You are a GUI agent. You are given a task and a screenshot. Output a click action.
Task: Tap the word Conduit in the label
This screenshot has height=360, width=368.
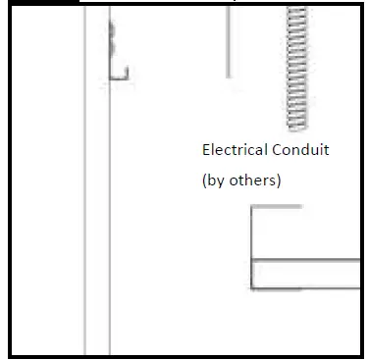pos(300,150)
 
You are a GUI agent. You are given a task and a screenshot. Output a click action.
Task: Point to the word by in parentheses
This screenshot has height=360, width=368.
pos(215,180)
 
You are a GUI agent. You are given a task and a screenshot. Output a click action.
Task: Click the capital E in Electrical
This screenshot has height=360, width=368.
pos(206,150)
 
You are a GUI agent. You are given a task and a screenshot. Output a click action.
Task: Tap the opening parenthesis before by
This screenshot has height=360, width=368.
pos(204,180)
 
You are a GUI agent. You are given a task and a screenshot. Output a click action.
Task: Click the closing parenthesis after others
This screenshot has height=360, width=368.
pos(279,180)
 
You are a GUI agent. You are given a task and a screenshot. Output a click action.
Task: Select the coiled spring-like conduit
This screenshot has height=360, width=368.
pos(296,69)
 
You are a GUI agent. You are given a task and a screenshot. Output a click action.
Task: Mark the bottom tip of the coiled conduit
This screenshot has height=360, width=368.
pos(296,129)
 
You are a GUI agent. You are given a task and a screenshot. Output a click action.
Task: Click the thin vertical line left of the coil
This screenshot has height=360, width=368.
pos(228,39)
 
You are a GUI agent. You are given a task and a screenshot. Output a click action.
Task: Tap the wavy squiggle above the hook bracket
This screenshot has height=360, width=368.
pos(113,37)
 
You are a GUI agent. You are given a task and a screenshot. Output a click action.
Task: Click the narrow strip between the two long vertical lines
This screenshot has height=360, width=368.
pos(97,196)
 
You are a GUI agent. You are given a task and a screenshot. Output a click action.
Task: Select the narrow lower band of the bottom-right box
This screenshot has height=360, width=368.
pos(304,274)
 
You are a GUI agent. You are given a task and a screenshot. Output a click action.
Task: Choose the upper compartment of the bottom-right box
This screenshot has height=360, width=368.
pos(304,233)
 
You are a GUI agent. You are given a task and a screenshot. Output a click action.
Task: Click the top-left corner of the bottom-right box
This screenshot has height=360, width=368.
pos(252,207)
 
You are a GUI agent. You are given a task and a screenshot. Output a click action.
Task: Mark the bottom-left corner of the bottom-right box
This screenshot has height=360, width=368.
pos(252,288)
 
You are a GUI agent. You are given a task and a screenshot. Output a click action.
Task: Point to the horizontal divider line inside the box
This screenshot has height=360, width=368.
pos(304,259)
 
